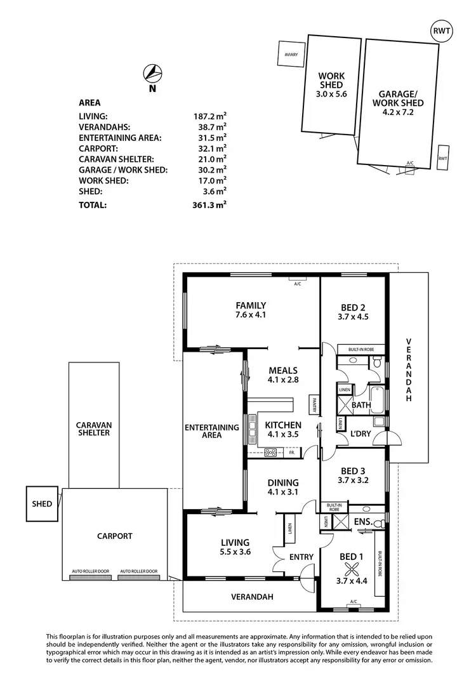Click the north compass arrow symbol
click(152, 73)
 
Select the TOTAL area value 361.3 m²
click(209, 205)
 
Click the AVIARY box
click(291, 55)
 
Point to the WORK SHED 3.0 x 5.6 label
click(331, 85)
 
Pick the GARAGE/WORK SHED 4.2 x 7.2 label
click(398, 103)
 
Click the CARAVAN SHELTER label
click(93, 428)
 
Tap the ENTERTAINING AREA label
click(211, 431)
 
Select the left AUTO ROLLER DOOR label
click(91, 571)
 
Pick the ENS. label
click(362, 521)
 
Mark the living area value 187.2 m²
click(209, 116)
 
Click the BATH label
click(361, 404)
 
